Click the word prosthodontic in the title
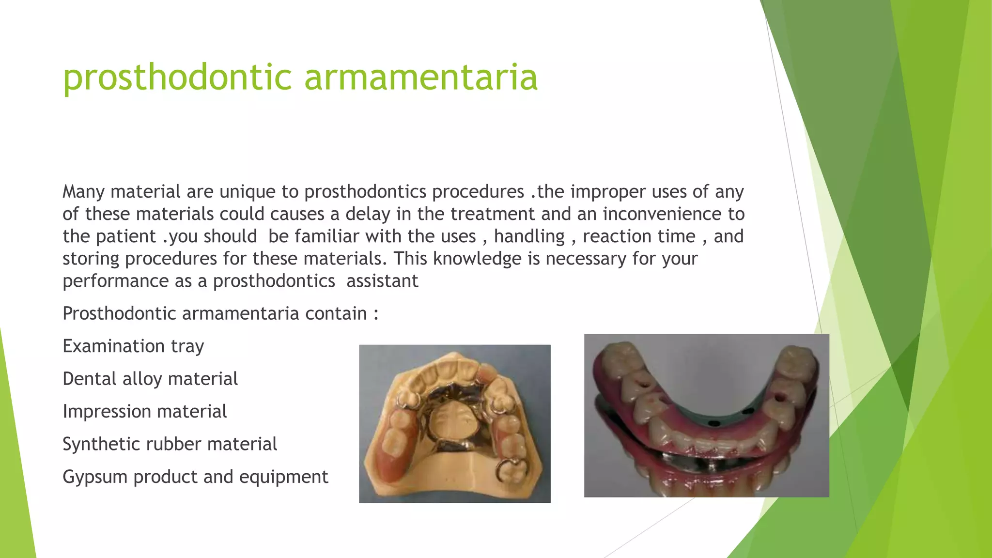(x=177, y=77)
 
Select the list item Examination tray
(x=133, y=346)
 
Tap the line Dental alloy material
(x=150, y=379)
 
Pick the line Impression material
(x=144, y=412)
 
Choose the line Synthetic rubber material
(x=170, y=444)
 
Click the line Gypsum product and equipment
(x=195, y=477)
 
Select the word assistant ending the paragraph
(x=382, y=281)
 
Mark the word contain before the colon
(x=336, y=314)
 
